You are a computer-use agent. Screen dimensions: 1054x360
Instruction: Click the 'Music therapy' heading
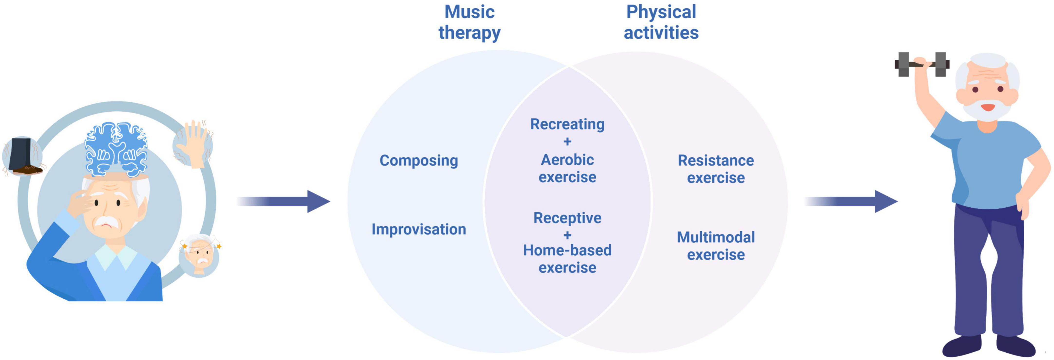pos(469,22)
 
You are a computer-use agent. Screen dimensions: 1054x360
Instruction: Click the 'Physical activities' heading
pos(661,22)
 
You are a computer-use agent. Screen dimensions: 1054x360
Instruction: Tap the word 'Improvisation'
pos(419,229)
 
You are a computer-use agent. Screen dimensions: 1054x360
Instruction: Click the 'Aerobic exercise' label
pos(567,168)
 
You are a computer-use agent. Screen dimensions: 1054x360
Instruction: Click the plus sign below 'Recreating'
pos(567,142)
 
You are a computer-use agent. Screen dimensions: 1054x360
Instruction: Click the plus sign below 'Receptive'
pos(567,235)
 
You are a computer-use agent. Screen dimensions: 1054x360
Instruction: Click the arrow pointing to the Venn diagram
pos(283,201)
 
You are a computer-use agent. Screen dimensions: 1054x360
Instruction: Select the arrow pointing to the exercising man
pos(851,201)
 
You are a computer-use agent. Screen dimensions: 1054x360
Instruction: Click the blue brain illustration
pos(116,149)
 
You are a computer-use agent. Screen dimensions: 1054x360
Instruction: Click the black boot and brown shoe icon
pos(23,157)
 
